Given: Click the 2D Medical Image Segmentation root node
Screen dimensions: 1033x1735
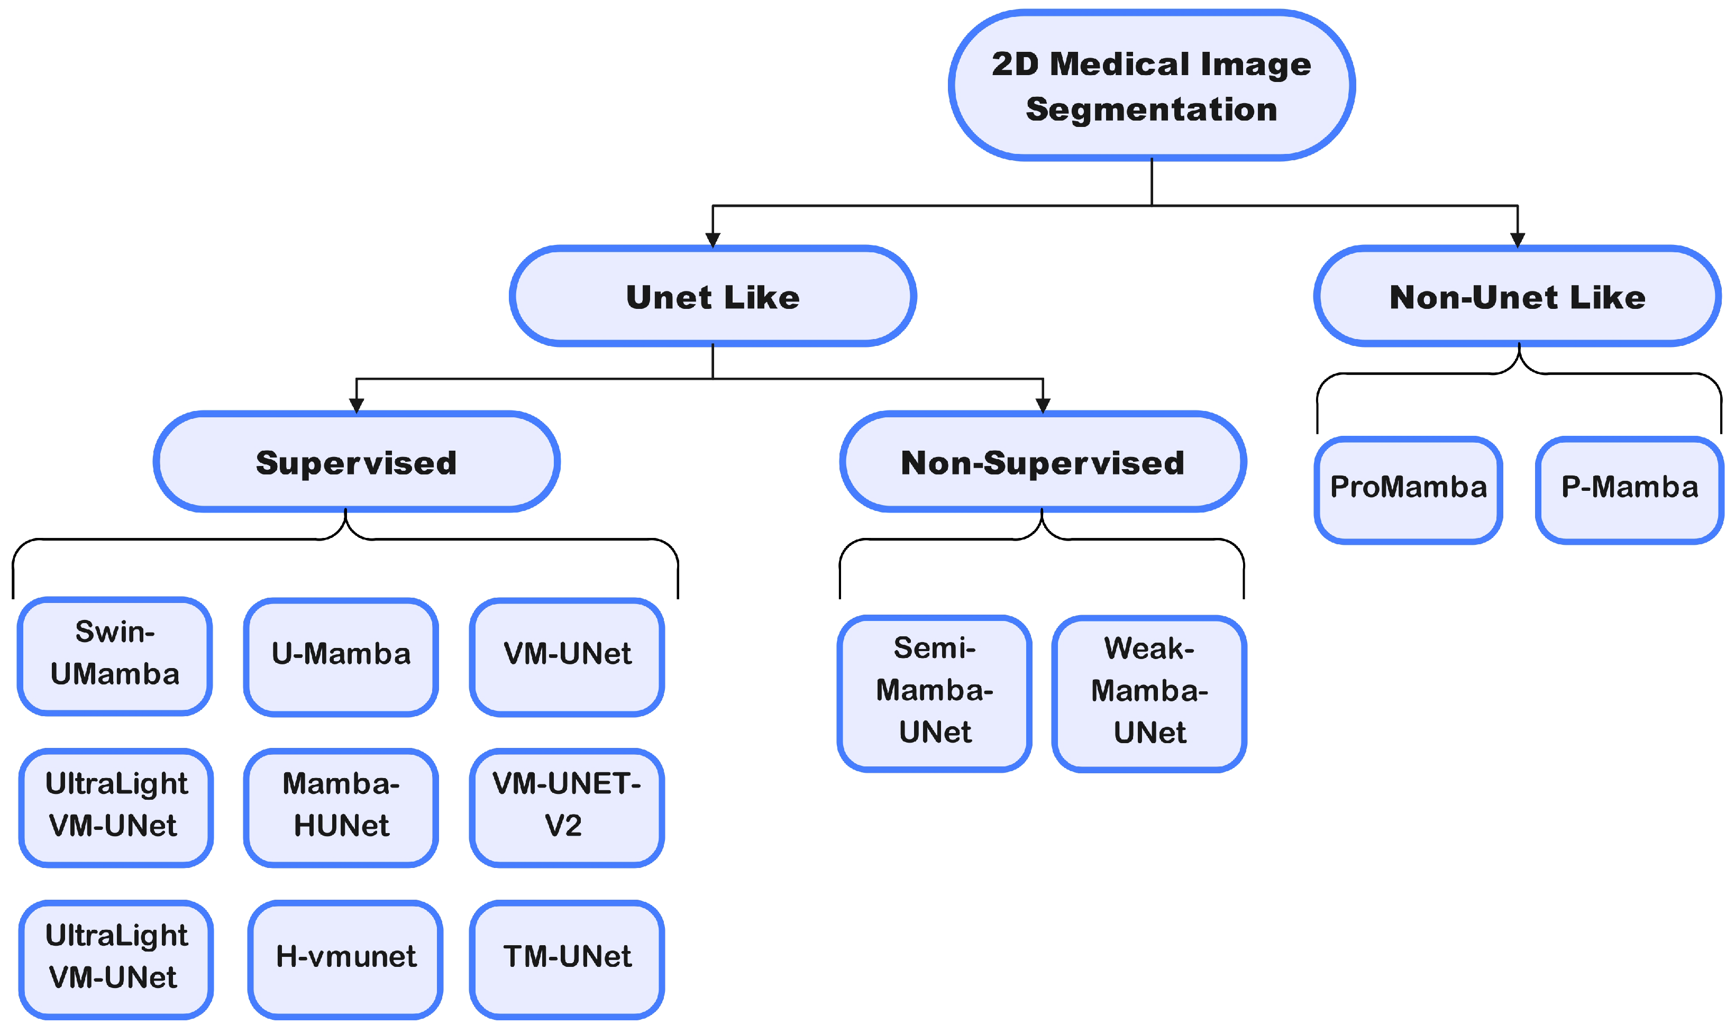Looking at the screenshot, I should point(1151,86).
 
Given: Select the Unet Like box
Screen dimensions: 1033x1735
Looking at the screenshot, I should point(713,297).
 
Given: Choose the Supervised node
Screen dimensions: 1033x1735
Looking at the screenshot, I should point(357,462).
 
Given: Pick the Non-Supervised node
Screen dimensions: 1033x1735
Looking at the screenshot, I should point(1043,462).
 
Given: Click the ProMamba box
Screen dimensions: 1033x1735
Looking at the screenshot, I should point(1408,489).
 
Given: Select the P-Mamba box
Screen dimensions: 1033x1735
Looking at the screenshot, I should point(1629,489).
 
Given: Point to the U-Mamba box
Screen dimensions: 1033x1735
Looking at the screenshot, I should point(341,656).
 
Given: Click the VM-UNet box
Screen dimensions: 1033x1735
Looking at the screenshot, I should point(567,656).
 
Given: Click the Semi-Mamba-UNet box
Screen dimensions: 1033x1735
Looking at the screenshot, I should point(934,693).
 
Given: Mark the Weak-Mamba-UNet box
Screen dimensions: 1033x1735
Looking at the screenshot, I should point(1149,693).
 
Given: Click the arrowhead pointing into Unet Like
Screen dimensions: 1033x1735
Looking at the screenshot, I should point(713,240).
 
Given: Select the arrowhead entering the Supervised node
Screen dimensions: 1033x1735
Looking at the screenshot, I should point(357,406).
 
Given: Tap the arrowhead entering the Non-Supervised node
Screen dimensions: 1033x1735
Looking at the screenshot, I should point(1043,406).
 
